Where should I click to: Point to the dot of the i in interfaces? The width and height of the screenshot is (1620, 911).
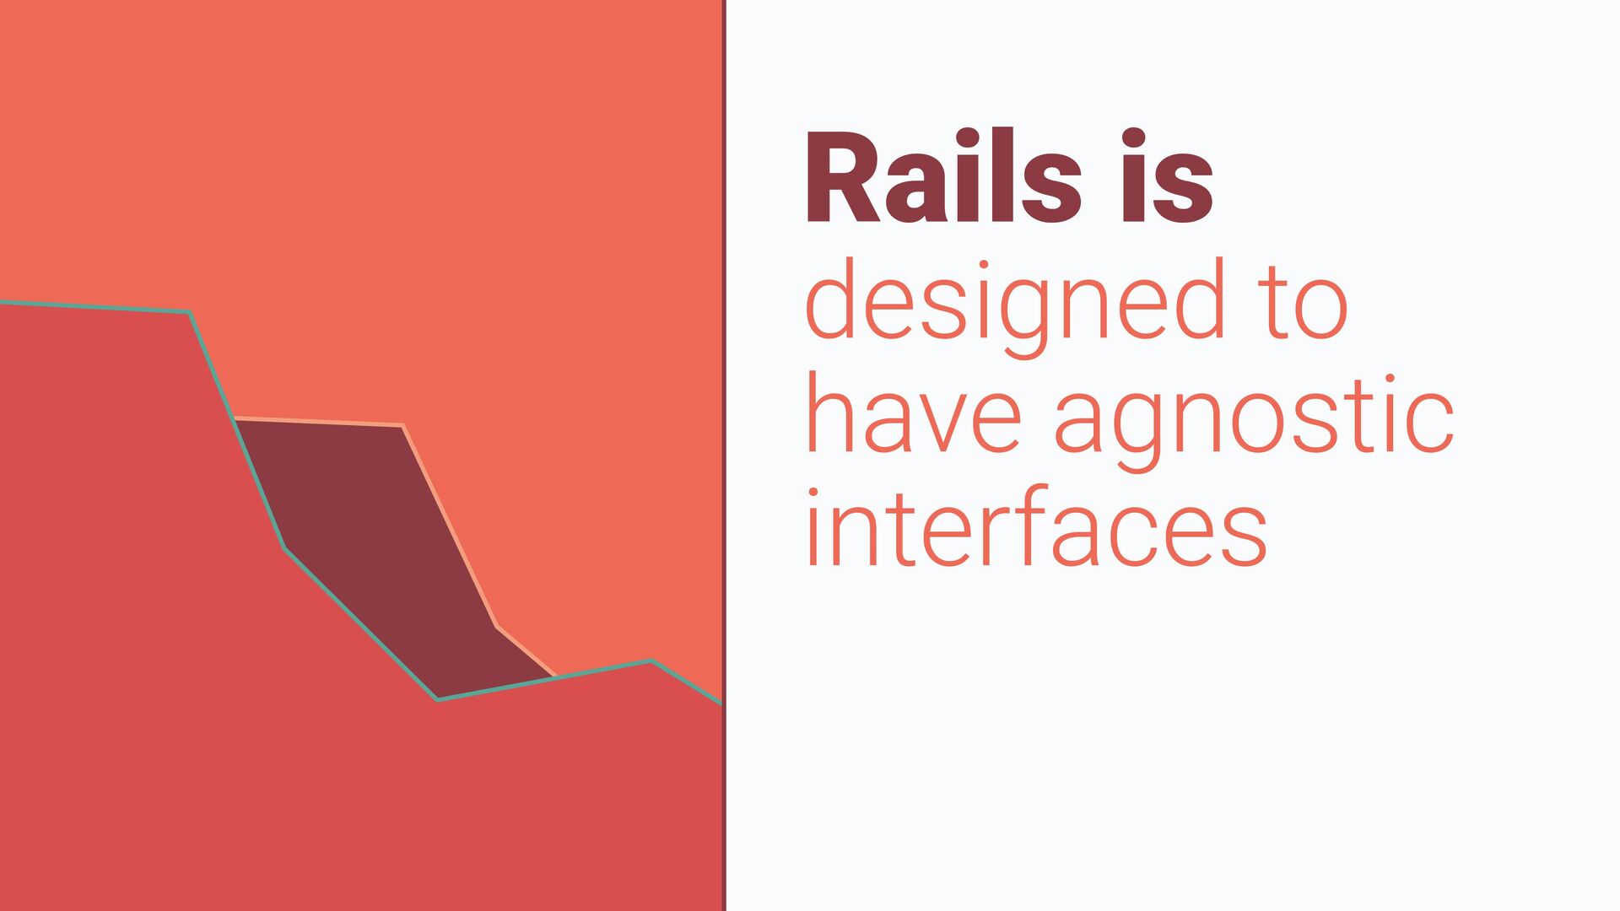tap(814, 493)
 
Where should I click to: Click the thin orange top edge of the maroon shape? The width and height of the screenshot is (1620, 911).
tap(319, 421)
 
